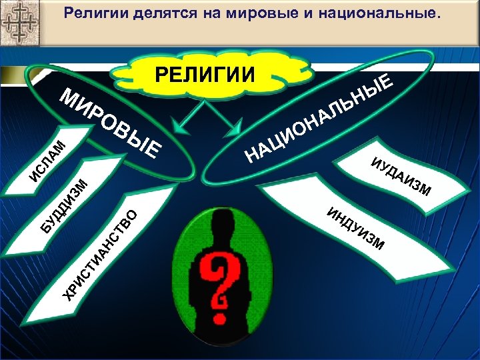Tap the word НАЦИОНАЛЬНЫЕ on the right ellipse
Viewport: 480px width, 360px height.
319,120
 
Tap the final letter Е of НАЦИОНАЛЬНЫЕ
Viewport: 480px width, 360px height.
389,81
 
